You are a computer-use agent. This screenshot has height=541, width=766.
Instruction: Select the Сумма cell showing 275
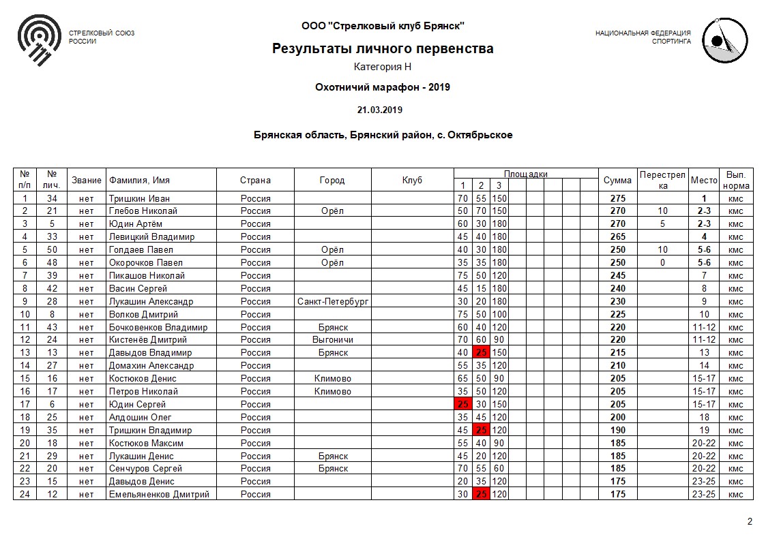pos(617,198)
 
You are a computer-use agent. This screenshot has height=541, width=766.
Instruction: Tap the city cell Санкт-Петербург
pos(333,301)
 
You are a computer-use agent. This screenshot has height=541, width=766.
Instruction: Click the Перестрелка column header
pos(662,181)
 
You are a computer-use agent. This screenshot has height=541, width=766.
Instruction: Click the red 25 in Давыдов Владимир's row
pos(480,353)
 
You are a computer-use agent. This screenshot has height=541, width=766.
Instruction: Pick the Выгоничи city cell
pos(333,340)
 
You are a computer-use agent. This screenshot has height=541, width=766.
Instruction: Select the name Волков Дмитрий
pos(143,314)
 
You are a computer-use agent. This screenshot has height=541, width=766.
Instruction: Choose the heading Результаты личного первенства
pos(383,48)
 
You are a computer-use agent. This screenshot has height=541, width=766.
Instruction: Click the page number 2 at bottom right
pos(750,522)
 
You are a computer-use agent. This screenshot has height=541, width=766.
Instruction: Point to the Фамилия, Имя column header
pos(139,181)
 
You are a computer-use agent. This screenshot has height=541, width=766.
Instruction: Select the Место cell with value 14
pos(705,366)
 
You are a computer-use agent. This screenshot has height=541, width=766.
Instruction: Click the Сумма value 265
pos(617,237)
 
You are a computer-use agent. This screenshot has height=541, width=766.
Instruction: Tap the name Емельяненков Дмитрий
pos(159,495)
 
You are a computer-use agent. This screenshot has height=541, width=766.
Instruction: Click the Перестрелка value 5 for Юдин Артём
pos(662,224)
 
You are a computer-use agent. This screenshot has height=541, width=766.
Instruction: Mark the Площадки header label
pos(525,174)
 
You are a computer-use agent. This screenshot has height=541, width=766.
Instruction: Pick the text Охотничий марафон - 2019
pos(383,87)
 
